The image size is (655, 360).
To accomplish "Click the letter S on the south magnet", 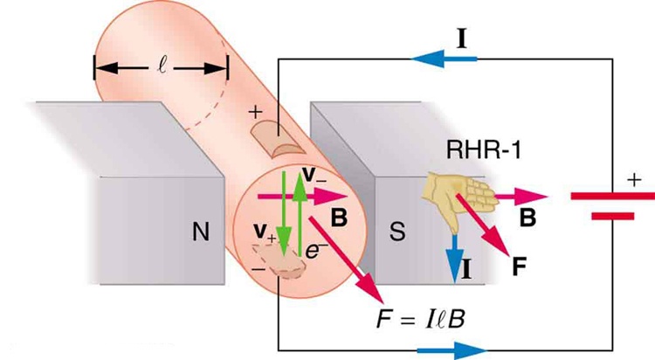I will point(395,233).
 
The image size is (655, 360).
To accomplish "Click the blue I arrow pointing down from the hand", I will point(451,253).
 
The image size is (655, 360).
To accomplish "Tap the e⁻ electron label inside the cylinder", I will point(314,250).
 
